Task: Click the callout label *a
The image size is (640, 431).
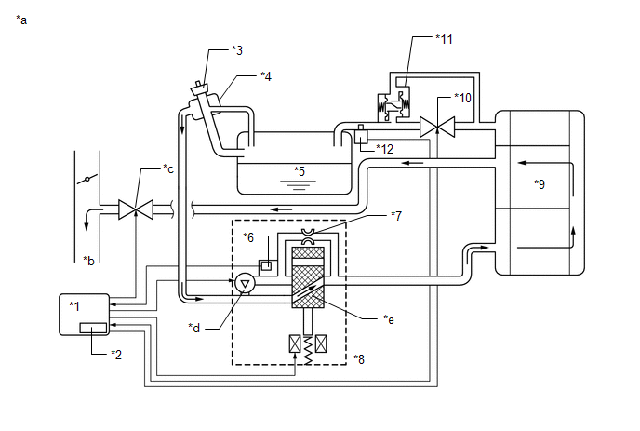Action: [21, 20]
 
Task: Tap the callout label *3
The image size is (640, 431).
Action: [237, 50]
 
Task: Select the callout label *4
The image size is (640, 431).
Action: [266, 76]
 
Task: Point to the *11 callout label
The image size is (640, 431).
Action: [444, 39]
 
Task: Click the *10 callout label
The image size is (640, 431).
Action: [463, 98]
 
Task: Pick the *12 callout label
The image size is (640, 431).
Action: [384, 149]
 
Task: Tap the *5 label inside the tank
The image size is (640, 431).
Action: [300, 171]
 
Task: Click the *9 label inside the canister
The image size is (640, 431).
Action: [540, 184]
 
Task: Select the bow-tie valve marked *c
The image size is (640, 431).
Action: [136, 209]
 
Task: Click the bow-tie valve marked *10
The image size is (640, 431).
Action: [437, 127]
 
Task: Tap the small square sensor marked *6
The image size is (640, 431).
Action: [266, 266]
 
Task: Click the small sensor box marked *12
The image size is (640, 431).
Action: [361, 135]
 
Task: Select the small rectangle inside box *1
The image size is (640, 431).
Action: [93, 328]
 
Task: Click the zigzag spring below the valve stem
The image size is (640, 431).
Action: [308, 350]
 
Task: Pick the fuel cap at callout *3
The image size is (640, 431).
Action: [200, 88]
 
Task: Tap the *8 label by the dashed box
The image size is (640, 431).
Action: [359, 359]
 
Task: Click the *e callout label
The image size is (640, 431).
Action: [389, 319]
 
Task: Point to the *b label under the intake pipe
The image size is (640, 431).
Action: [88, 261]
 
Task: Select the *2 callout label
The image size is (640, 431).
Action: [116, 355]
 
